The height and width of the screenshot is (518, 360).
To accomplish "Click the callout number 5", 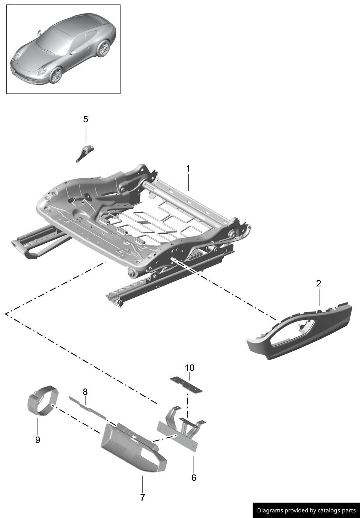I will (x=86, y=119).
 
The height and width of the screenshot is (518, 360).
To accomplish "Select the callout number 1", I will (x=188, y=169).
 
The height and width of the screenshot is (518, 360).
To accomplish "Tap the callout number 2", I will (x=319, y=283).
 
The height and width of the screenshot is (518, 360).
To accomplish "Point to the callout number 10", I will (x=190, y=367).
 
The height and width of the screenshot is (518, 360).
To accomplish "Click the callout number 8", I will (x=85, y=392).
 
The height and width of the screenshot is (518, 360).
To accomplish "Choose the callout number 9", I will (x=38, y=440).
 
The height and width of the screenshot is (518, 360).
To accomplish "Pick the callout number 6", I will (x=194, y=477).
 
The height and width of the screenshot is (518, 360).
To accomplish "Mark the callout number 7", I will (x=143, y=497).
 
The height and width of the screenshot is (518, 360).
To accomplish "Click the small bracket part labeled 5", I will (x=84, y=152).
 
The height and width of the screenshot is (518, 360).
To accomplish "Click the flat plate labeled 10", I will (x=186, y=384).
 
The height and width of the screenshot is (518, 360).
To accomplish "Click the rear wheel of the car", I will (x=102, y=48).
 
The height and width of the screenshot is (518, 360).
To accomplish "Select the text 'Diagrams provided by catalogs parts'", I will (x=306, y=510).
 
